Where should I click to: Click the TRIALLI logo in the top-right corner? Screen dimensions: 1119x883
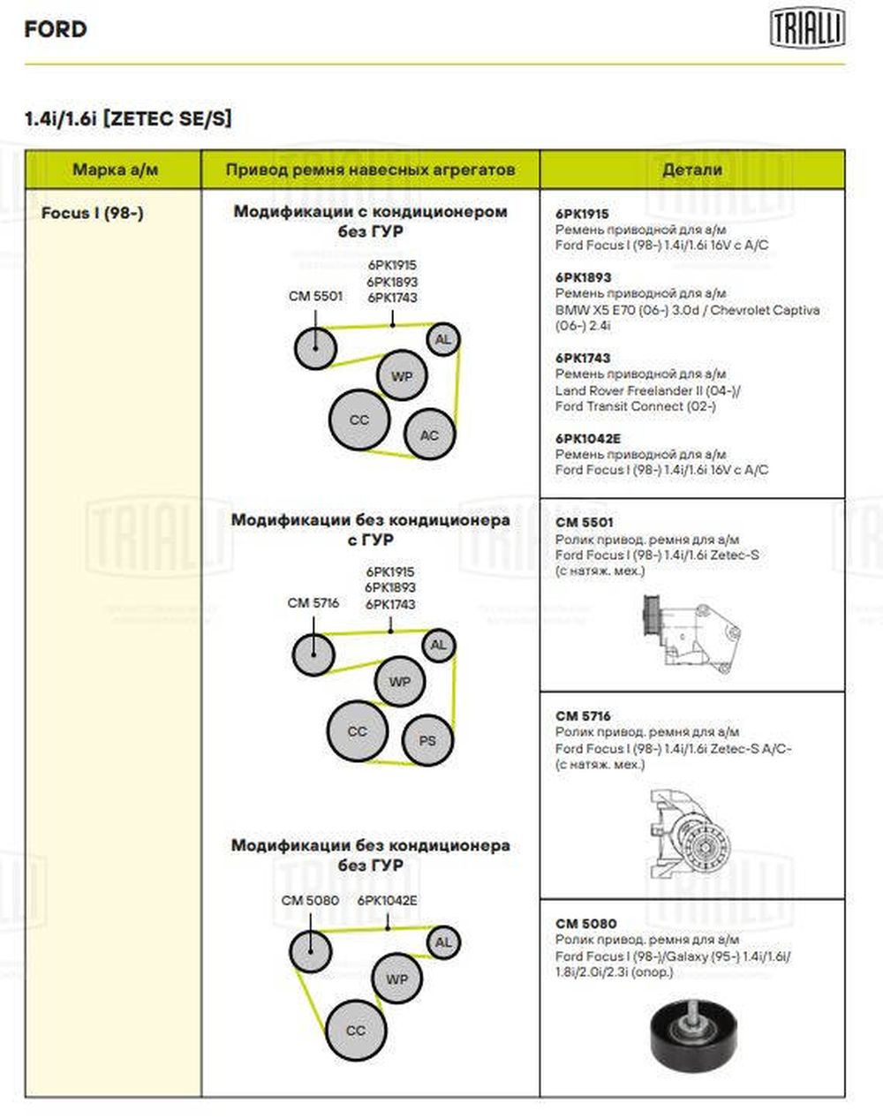(807, 29)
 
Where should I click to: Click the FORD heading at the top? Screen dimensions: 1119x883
(56, 29)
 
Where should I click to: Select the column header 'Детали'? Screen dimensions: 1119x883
(691, 170)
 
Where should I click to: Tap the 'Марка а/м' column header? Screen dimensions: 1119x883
(116, 170)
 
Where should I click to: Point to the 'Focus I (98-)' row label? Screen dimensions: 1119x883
(92, 214)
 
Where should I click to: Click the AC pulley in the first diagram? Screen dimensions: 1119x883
(429, 435)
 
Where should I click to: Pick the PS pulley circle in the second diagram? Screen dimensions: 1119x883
(427, 740)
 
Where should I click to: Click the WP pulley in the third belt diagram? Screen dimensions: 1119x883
(397, 979)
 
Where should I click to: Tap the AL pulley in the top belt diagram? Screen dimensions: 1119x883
(442, 339)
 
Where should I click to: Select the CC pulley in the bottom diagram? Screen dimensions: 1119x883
(356, 1030)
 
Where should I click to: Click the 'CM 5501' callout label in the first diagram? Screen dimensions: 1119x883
(315, 296)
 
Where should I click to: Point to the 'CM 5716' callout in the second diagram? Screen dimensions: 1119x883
(313, 603)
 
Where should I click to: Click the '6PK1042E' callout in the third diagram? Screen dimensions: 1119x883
(388, 901)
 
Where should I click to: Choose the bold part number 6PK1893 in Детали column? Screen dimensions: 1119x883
(583, 277)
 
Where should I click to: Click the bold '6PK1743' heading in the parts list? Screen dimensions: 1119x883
(583, 358)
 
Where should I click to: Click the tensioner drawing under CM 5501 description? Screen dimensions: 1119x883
(690, 632)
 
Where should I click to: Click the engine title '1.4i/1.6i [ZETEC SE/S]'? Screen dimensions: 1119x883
(129, 119)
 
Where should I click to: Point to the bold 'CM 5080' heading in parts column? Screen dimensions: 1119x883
(586, 924)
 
